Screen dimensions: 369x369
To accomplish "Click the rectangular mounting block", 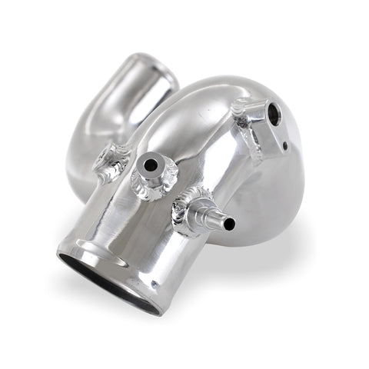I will click(265, 123).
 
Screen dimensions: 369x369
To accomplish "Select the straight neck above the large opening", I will click(123, 215).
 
